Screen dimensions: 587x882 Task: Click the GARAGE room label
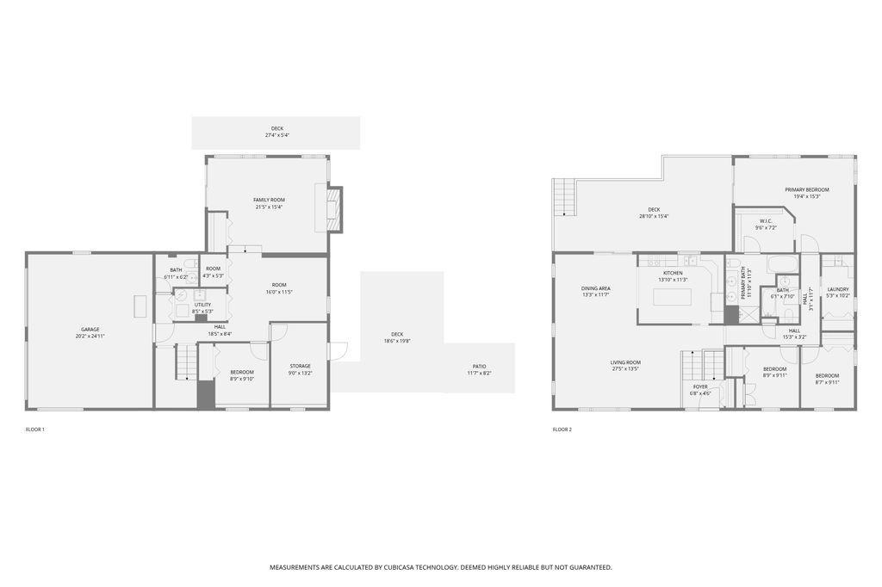click(90, 329)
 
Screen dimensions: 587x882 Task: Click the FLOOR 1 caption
click(35, 429)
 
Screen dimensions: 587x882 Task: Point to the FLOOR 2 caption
click(562, 429)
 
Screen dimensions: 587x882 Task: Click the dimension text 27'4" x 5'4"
click(276, 135)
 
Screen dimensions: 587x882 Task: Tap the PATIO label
click(479, 366)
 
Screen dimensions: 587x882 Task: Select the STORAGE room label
click(299, 366)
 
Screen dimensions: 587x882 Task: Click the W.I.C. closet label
click(766, 220)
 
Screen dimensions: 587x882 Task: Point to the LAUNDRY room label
click(838, 289)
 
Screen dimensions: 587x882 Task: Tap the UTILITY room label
click(202, 305)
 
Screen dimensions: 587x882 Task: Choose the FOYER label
click(700, 386)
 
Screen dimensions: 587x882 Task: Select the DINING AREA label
click(595, 288)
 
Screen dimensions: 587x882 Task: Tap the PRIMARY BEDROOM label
click(806, 189)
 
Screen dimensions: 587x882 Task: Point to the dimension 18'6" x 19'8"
click(397, 341)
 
